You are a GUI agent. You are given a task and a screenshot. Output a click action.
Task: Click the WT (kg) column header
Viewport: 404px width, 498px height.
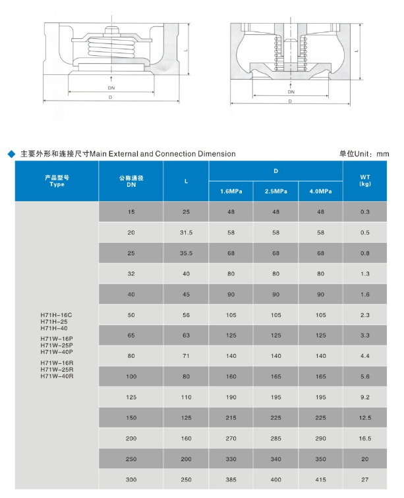(365, 180)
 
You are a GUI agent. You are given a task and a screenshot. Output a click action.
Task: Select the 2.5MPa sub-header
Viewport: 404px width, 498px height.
(275, 191)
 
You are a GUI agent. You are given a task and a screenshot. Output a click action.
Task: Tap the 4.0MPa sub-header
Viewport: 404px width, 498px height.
(320, 191)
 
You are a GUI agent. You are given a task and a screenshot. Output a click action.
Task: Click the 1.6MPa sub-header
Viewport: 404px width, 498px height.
(231, 191)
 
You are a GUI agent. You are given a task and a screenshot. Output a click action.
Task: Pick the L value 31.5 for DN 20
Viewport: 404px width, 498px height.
(186, 233)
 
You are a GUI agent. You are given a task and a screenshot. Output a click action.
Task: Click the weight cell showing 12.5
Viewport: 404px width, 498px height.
(365, 418)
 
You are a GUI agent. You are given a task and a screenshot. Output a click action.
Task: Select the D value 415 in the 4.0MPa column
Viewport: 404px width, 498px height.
(320, 480)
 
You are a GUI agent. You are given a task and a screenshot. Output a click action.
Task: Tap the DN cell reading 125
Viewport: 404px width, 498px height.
(131, 397)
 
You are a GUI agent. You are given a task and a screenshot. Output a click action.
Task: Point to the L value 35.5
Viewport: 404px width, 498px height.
(186, 253)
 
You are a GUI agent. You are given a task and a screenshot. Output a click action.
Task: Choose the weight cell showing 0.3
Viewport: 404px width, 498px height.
(365, 212)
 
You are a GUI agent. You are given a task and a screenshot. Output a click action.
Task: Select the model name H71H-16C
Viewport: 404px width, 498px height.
(57, 315)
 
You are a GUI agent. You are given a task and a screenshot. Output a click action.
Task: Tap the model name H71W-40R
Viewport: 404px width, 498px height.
(57, 376)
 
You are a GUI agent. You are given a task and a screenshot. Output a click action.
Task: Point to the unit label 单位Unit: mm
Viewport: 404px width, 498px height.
(364, 154)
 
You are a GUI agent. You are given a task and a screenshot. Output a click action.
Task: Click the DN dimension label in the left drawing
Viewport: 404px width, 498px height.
(111, 87)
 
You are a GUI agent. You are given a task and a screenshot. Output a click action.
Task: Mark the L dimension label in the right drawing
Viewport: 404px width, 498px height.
(356, 50)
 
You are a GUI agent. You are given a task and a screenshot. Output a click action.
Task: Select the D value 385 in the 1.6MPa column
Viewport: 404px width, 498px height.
(231, 480)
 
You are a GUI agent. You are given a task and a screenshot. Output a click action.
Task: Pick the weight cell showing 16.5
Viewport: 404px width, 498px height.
(365, 438)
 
